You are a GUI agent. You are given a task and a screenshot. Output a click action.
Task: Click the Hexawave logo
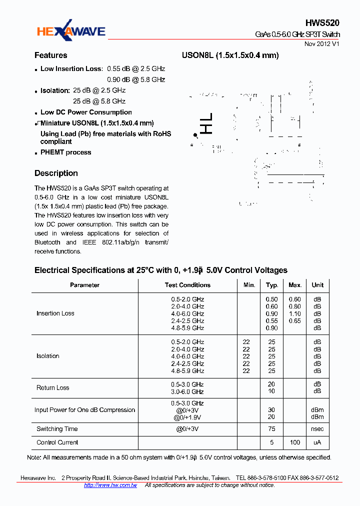pos(70,32)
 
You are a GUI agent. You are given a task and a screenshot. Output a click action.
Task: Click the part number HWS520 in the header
pos(322,23)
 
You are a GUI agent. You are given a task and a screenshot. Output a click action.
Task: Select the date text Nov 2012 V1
pos(321,44)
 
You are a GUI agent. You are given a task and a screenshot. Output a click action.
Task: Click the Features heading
pos(50,55)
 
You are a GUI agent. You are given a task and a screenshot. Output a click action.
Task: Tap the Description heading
pos(56,173)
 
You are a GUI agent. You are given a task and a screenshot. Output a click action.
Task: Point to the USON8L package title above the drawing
pos(229,55)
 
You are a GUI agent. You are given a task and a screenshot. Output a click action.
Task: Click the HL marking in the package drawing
pos(206,123)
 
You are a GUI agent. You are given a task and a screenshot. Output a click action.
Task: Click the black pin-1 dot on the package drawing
pos(195,135)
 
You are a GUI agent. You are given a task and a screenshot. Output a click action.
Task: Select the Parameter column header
pos(84,285)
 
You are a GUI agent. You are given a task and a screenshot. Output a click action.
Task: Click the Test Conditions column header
pos(187,285)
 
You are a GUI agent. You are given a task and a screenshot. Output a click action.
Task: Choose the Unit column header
pos(317,285)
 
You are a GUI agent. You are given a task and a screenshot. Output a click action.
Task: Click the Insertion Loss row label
pos(55,313)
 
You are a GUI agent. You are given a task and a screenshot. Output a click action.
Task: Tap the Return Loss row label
pos(52,388)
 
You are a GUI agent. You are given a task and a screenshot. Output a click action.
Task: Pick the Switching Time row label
pos(57,429)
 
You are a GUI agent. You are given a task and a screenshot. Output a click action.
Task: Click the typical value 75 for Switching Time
pos(271,429)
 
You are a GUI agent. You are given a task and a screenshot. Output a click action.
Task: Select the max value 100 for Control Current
pos(294,442)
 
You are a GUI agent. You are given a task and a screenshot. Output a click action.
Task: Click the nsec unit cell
pos(317,429)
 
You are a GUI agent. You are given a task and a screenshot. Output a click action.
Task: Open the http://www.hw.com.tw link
pos(110,485)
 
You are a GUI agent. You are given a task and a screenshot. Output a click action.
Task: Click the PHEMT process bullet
pos(65,152)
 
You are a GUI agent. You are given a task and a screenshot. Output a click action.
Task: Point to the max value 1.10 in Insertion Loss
pos(294,313)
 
